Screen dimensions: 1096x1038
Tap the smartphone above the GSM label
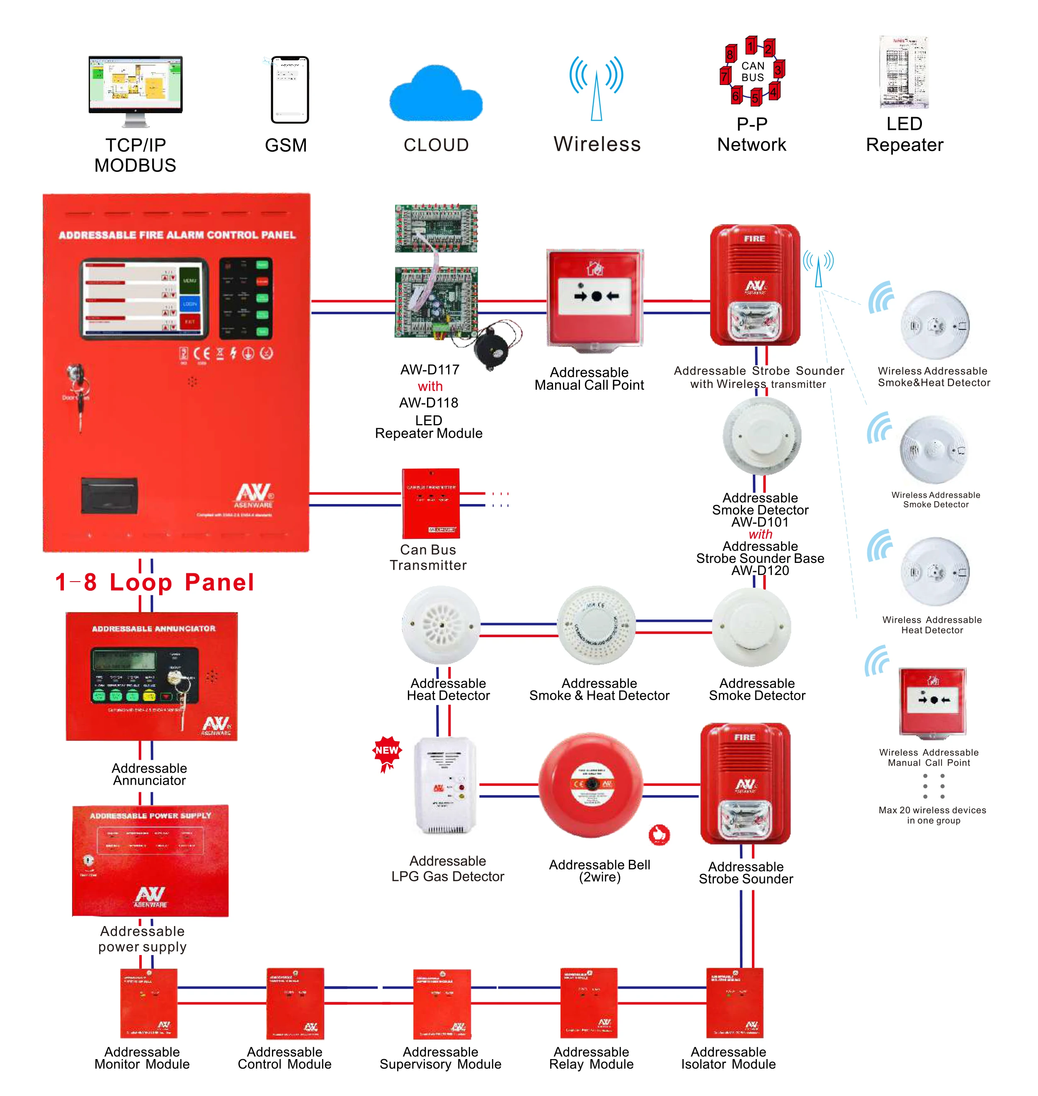289,90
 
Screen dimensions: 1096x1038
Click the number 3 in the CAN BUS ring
777,70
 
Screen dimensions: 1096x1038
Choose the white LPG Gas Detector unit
445,785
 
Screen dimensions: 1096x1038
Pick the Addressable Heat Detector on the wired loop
441,625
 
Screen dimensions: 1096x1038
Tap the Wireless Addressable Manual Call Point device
932,701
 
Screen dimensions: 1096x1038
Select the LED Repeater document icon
904,73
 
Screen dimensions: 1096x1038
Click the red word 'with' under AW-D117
430,386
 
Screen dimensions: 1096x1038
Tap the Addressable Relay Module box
589,1002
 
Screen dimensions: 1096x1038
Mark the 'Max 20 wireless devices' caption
932,815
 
